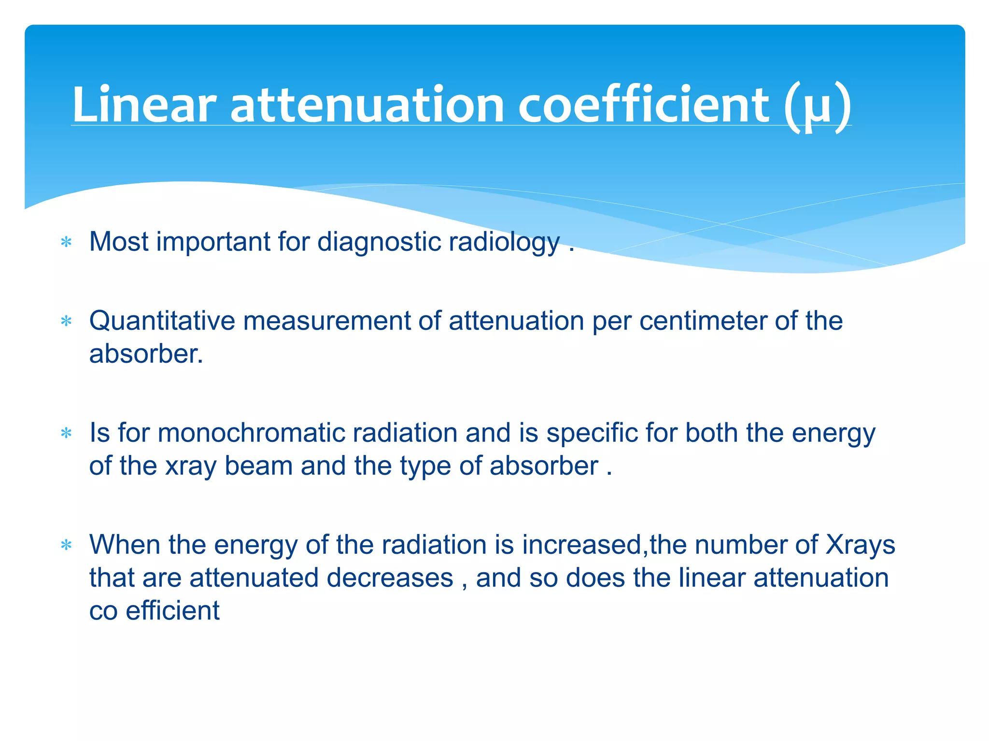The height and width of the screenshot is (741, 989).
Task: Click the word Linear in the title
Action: point(143,105)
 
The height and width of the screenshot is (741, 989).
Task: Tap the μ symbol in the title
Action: point(817,109)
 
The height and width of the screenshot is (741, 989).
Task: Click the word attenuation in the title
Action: point(367,105)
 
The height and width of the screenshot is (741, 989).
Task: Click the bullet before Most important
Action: point(67,242)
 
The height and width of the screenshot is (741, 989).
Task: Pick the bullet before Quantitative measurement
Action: point(67,321)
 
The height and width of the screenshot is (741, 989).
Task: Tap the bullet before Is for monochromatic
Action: point(67,433)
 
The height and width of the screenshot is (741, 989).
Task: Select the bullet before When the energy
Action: point(67,546)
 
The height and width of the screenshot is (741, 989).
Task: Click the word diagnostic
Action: point(379,242)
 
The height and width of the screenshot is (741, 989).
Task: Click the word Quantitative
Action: point(162,321)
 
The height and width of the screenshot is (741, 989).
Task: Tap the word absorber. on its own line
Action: point(146,354)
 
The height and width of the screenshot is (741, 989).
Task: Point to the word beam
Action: point(258,467)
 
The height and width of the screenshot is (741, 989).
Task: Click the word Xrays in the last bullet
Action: point(860,545)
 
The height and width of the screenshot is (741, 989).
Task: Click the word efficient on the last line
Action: point(172,611)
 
